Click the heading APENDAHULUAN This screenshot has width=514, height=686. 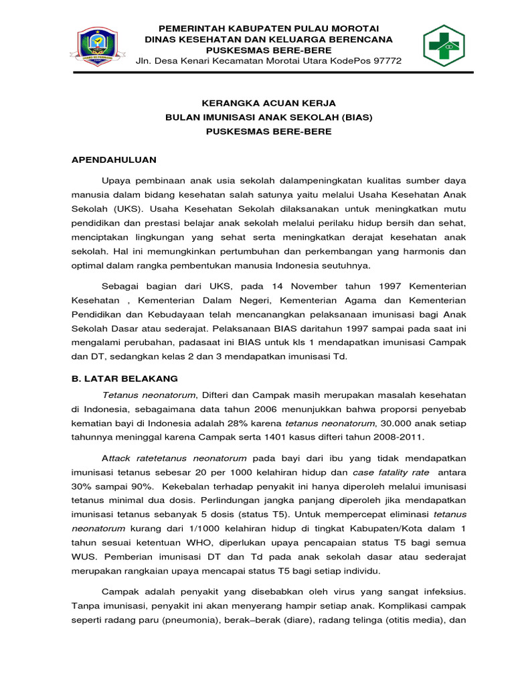click(x=114, y=159)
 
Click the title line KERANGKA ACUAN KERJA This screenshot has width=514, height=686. click(x=268, y=103)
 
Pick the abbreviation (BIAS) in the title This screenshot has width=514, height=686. click(x=357, y=117)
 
